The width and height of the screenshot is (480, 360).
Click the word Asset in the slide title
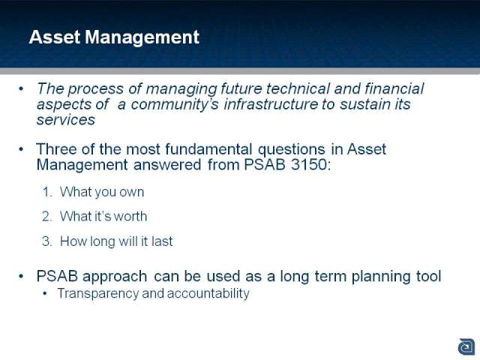pyautogui.click(x=55, y=37)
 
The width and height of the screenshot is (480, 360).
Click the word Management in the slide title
pyautogui.click(x=142, y=37)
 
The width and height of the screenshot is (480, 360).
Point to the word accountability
pyautogui.click(x=208, y=293)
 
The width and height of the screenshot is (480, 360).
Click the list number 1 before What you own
pyautogui.click(x=46, y=192)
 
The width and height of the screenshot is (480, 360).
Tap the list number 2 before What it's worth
pyautogui.click(x=47, y=217)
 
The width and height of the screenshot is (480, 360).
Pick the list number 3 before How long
pyautogui.click(x=47, y=241)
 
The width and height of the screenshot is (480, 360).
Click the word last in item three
pyautogui.click(x=162, y=241)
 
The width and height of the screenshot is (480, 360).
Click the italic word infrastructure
pyautogui.click(x=271, y=104)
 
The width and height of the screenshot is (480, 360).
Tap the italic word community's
pyautogui.click(x=175, y=105)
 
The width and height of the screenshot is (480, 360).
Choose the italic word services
pyautogui.click(x=66, y=120)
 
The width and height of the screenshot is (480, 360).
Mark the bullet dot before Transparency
pyautogui.click(x=46, y=294)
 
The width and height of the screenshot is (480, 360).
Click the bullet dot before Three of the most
pyautogui.click(x=21, y=149)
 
